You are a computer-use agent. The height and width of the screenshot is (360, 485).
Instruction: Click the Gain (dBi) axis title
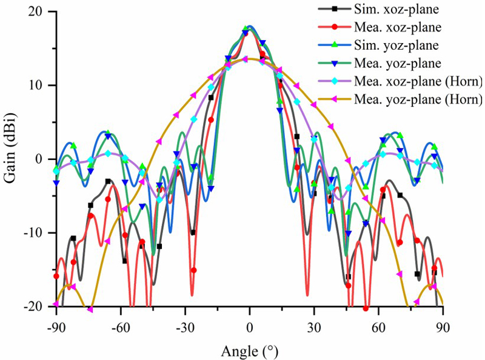(11, 159)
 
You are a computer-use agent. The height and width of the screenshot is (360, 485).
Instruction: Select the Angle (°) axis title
(249, 350)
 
